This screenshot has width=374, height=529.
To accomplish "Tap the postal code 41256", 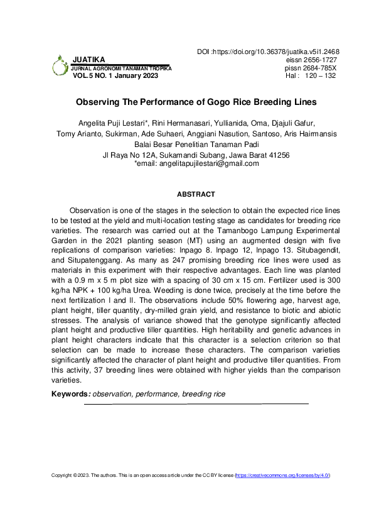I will (x=277, y=155).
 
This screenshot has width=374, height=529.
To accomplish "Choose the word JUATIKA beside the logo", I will (x=89, y=59).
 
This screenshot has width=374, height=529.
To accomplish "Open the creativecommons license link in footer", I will (x=282, y=476).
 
